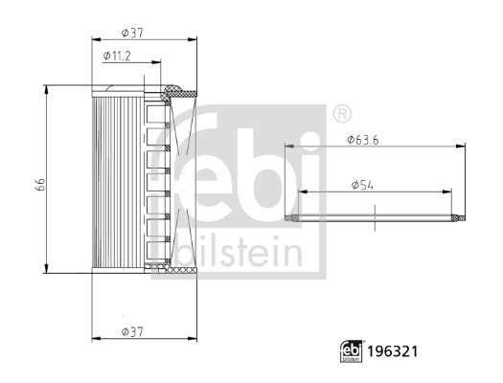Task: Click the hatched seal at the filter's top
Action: tap(178, 93)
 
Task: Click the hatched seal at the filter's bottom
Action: tap(178, 271)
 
